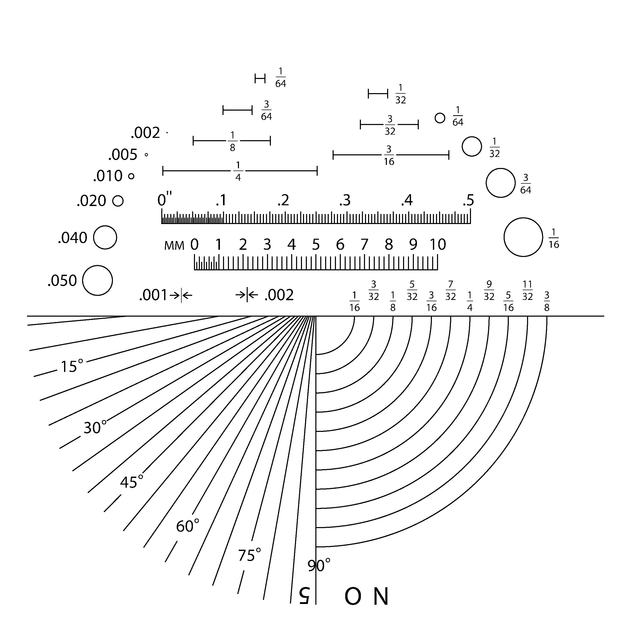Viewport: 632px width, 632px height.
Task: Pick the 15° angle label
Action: click(72, 366)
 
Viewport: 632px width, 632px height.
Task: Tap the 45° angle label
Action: click(131, 482)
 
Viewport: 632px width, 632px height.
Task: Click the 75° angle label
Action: click(249, 555)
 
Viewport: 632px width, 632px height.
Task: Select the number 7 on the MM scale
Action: click(364, 244)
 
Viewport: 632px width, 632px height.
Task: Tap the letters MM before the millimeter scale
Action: click(174, 245)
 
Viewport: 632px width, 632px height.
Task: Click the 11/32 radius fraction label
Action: click(527, 290)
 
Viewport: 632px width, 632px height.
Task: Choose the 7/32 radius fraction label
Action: click(450, 290)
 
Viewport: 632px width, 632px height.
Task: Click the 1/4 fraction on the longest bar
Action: click(238, 171)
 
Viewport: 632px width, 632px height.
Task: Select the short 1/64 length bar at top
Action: click(260, 78)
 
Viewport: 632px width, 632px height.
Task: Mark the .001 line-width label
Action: click(153, 295)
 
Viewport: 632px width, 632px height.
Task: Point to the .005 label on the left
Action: click(123, 154)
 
